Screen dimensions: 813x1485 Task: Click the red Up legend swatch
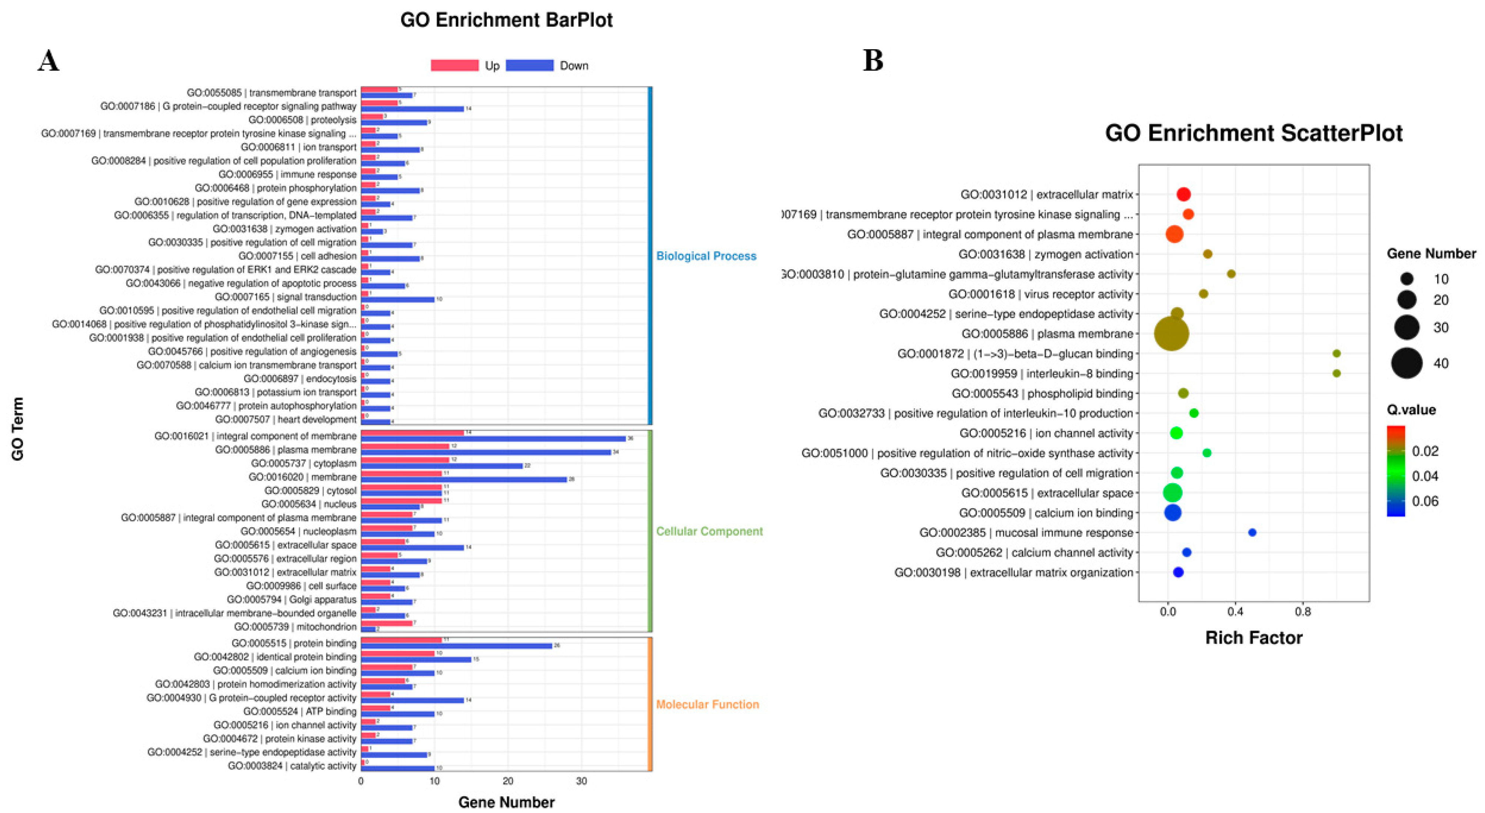tap(454, 66)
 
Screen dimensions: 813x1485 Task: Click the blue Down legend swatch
tap(529, 66)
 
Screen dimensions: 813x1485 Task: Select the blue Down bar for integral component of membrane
tap(493, 438)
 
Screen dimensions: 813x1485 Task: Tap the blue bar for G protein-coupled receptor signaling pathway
tap(412, 109)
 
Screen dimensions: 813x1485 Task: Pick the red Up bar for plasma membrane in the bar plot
tap(405, 446)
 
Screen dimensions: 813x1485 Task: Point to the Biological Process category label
tap(706, 256)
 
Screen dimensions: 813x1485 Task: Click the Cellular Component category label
tap(709, 531)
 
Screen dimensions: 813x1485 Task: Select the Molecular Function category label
tap(707, 704)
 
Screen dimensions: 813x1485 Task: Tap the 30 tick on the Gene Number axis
tap(581, 781)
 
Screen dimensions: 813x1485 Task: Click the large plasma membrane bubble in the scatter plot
tap(1171, 334)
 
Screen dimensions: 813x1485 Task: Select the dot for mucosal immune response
tap(1252, 532)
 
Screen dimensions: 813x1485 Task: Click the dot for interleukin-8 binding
tap(1336, 374)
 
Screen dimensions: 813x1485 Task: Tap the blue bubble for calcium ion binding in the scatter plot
tap(1172, 513)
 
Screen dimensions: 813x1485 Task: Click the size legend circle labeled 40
tap(1406, 363)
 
